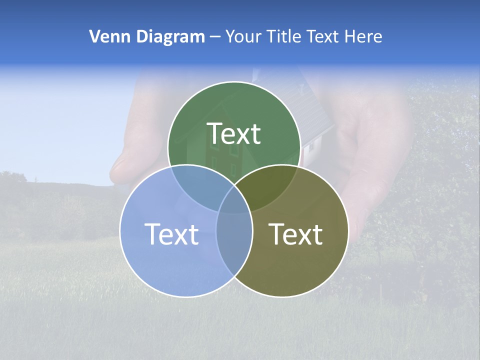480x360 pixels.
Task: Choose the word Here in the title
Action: click(366, 36)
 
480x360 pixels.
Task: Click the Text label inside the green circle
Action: click(234, 133)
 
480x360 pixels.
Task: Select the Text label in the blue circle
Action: click(171, 234)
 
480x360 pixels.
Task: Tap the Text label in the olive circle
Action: click(295, 234)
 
